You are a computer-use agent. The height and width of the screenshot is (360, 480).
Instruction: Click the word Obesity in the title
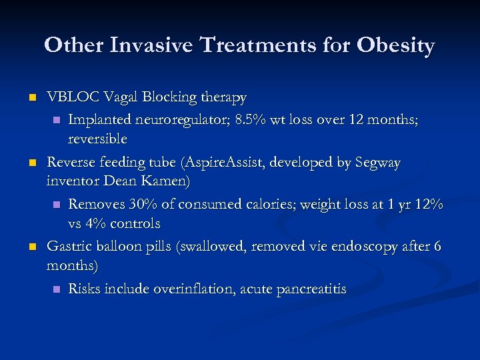click(x=395, y=45)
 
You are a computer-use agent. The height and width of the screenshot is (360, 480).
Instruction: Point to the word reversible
click(x=97, y=139)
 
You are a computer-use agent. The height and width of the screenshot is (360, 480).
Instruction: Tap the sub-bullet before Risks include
click(x=56, y=289)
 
